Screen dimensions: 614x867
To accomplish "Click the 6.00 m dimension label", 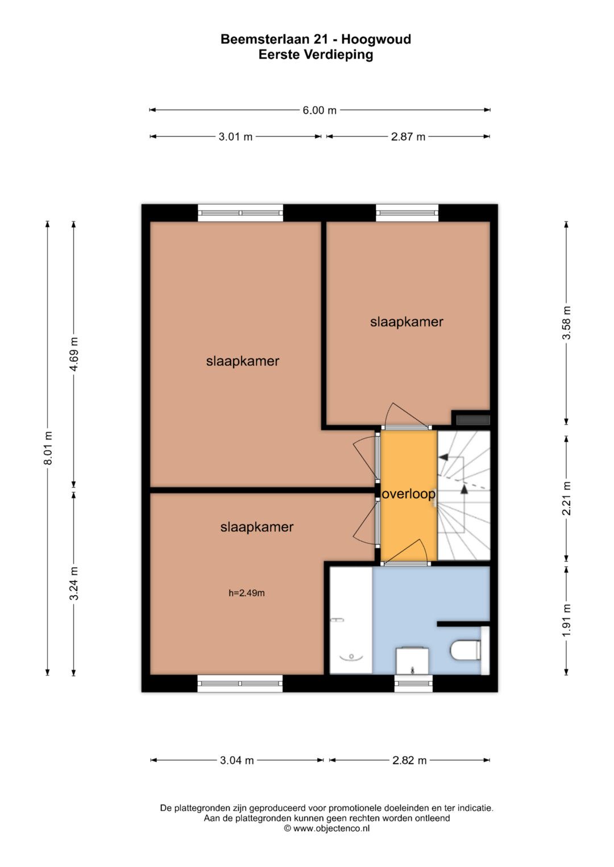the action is [x=320, y=110].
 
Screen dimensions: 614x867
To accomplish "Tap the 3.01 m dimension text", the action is [x=235, y=137].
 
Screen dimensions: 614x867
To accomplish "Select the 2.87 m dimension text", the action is [x=408, y=137].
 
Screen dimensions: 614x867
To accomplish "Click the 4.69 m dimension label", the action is [x=74, y=354].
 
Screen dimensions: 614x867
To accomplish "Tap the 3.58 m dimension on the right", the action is [x=566, y=323].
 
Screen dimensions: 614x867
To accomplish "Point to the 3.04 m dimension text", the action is [x=237, y=761].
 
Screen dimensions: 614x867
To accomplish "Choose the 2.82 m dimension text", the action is [x=409, y=761].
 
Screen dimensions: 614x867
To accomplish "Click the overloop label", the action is [x=409, y=495].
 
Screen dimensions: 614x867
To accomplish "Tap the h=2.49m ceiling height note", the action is [x=247, y=593].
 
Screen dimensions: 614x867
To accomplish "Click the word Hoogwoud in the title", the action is [x=376, y=40].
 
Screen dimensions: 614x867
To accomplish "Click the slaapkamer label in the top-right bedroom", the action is [x=406, y=322].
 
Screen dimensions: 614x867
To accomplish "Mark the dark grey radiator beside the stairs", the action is [x=473, y=420].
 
